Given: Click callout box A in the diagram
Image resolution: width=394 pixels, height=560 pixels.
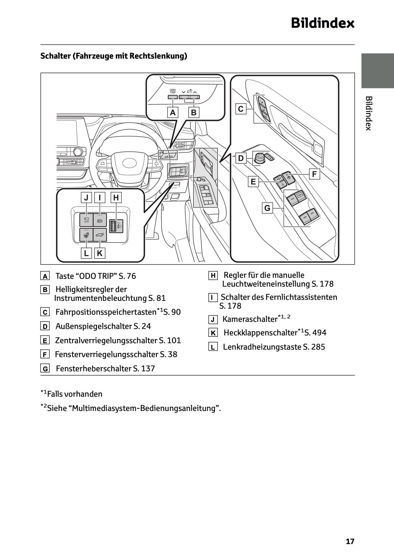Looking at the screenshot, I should coord(173,112).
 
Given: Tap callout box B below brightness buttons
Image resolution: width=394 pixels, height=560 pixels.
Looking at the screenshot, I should coord(193,112).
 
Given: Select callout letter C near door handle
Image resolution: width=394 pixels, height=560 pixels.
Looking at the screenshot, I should coord(241,109).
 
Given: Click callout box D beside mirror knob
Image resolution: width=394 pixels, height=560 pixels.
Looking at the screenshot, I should coord(241,158).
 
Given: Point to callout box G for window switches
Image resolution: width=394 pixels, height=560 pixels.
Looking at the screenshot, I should coord(268,208).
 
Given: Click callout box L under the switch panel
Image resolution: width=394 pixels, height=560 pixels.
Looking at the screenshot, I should coord(86,253).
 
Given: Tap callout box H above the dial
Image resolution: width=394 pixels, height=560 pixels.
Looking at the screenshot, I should coord(116,198).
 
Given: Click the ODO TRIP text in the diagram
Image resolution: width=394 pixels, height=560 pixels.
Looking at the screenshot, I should coord(173,91).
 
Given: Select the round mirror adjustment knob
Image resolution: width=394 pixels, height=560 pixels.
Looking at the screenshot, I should coord(260,158).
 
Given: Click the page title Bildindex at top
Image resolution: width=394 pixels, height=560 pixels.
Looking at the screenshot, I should coord(322,23).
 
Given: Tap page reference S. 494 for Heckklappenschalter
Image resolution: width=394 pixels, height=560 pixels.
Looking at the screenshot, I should coord(315,333).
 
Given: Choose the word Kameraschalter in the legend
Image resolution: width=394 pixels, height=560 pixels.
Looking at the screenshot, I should coord(250,319).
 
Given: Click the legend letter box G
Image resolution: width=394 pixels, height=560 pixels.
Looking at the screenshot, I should coord(45,369).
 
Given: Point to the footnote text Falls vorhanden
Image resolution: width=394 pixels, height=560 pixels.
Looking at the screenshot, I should coord(74,394).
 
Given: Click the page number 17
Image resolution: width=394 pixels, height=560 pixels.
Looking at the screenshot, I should coord(350,541).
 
